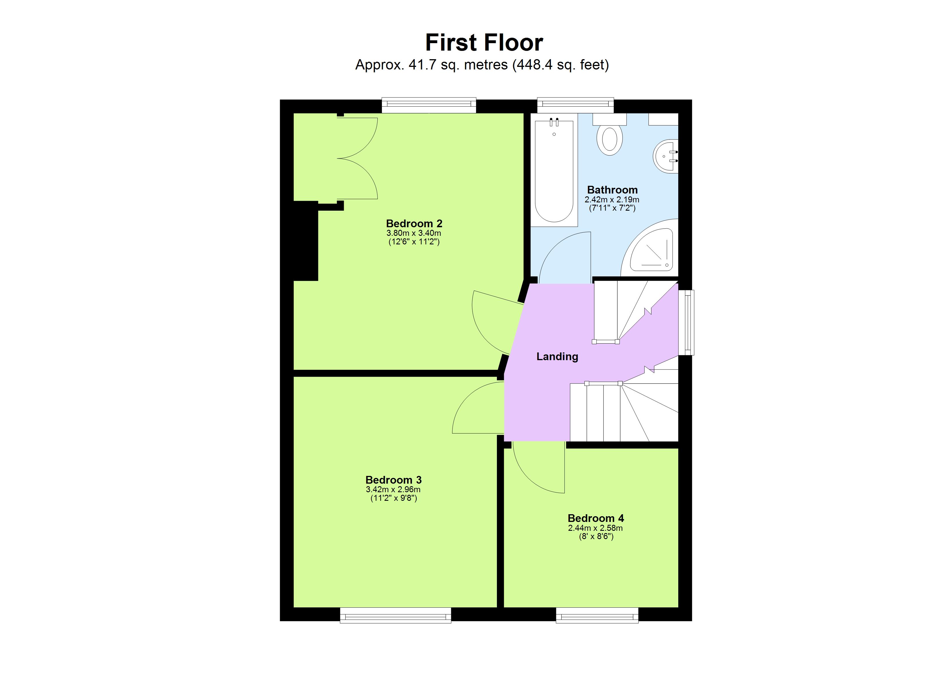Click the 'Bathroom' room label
[612, 190]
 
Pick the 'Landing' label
[557, 356]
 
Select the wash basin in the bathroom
[666, 156]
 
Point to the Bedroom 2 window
[429, 105]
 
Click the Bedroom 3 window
[395, 615]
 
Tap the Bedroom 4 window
[597, 615]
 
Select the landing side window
[686, 322]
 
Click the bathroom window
[575, 105]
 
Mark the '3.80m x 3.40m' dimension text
[414, 233]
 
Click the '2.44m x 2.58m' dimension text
[595, 528]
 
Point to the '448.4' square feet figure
[534, 65]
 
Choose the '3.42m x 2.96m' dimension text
[393, 490]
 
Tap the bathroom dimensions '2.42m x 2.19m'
[612, 200]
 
